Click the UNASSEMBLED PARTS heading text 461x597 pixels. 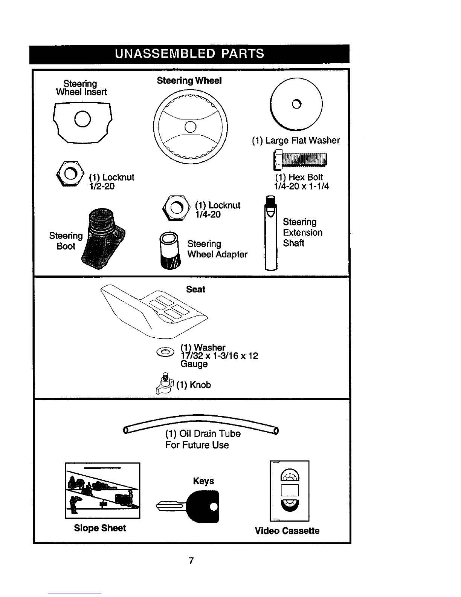pyautogui.click(x=189, y=54)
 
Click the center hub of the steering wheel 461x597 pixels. pyautogui.click(x=190, y=127)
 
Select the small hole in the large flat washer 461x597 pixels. pyautogui.click(x=296, y=104)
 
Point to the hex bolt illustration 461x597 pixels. pyautogui.click(x=300, y=160)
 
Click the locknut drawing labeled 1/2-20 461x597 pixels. pyautogui.click(x=70, y=174)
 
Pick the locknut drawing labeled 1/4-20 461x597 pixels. pyautogui.click(x=176, y=208)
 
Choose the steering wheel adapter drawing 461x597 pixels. pyautogui.click(x=170, y=250)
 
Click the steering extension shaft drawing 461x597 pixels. pyautogui.click(x=271, y=233)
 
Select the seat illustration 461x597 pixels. pyautogui.click(x=154, y=312)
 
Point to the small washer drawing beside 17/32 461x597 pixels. pyautogui.click(x=165, y=352)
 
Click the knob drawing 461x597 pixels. pyautogui.click(x=165, y=384)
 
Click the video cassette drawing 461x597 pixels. pyautogui.click(x=289, y=491)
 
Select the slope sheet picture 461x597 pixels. pyautogui.click(x=102, y=491)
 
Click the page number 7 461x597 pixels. pyautogui.click(x=191, y=560)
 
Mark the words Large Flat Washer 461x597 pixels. pyautogui.click(x=302, y=140)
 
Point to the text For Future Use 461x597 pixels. pyautogui.click(x=197, y=445)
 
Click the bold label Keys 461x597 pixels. pyautogui.click(x=203, y=481)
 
